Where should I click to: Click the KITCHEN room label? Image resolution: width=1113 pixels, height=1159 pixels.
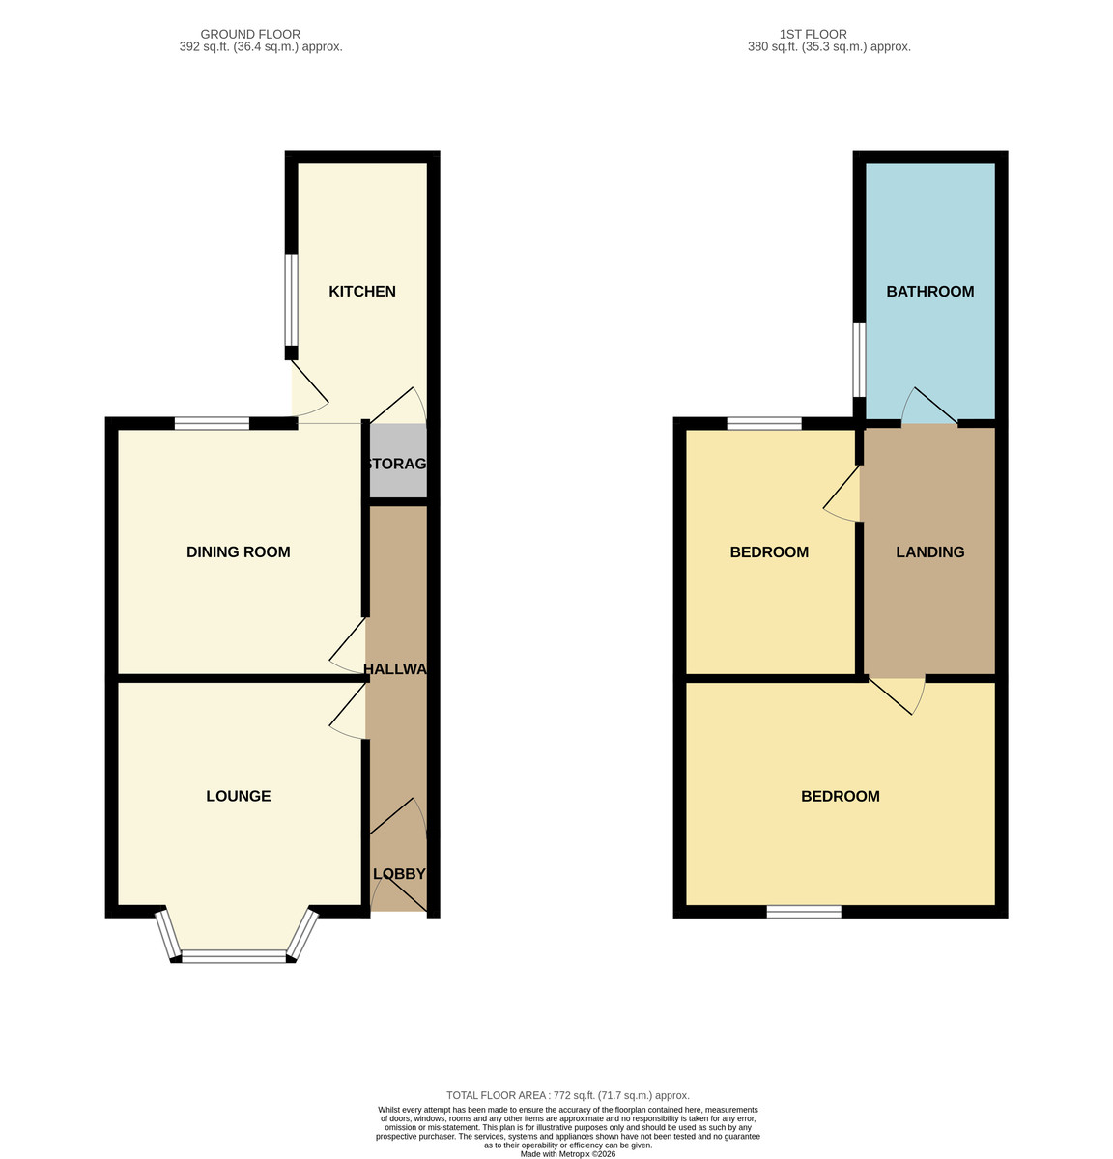[x=361, y=291]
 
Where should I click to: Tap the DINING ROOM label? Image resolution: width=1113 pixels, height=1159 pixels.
[x=239, y=551]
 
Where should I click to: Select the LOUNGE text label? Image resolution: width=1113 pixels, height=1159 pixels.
[x=239, y=796]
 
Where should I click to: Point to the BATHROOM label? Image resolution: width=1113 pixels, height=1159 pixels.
[x=929, y=291]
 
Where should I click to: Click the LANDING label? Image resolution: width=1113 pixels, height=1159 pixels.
[x=929, y=551]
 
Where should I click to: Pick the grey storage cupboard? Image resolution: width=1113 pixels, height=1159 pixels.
[x=398, y=460]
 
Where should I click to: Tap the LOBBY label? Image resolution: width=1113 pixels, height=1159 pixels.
[x=399, y=873]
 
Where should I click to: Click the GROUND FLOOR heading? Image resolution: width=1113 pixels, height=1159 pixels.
[x=250, y=34]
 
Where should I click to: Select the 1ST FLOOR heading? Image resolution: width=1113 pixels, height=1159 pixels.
[x=813, y=34]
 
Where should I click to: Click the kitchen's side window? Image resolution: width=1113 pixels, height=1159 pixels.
[x=291, y=299]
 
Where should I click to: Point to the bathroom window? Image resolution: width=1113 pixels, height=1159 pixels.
[x=859, y=359]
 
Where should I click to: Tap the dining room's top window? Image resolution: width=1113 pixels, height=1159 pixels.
[x=213, y=423]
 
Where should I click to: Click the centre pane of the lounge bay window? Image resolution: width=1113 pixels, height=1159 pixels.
[x=234, y=956]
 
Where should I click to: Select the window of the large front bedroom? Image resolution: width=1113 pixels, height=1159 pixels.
[x=804, y=911]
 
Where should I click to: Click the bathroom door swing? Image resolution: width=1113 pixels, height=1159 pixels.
[x=929, y=406]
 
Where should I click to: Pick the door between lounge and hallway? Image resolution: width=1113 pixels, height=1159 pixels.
[x=348, y=711]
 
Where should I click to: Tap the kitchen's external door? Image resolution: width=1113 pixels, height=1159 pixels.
[x=310, y=387]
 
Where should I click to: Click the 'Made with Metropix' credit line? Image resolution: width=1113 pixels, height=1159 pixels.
[x=568, y=1153]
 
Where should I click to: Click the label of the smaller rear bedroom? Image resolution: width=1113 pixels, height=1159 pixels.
[x=769, y=551]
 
